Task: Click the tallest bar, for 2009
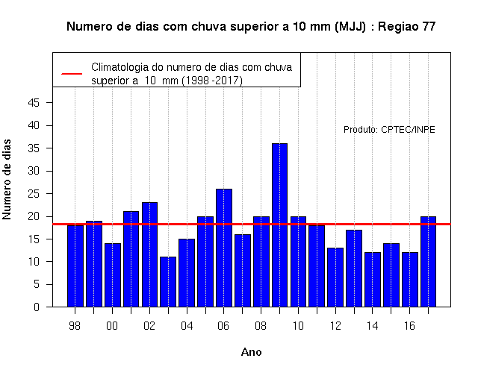[x=279, y=225]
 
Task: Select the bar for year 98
[x=75, y=266]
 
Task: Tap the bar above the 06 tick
[x=224, y=248]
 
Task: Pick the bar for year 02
[x=149, y=254]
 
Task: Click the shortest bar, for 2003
[x=168, y=282]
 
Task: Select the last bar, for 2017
[x=428, y=262]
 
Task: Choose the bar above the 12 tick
[x=335, y=278]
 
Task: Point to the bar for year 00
[x=113, y=275]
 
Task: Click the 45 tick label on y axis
[x=34, y=103]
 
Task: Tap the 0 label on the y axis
[x=37, y=307]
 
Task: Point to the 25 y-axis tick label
[x=34, y=194]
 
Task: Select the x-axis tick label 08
[x=261, y=326]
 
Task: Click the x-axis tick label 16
[x=409, y=326]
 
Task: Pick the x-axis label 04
[x=187, y=326]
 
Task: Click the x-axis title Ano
[x=251, y=352]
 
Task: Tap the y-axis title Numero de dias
[x=7, y=180]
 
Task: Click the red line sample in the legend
[x=72, y=74]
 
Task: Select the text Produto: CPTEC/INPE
[x=389, y=130]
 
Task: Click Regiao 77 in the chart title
[x=406, y=27]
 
